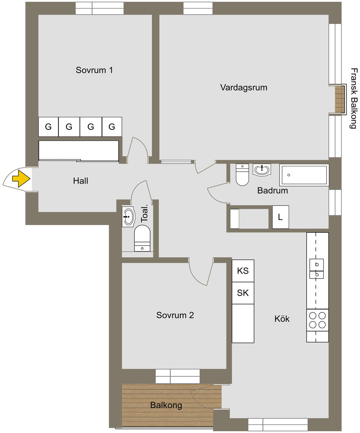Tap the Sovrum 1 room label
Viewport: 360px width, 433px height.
94,70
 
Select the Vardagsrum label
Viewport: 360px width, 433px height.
244,87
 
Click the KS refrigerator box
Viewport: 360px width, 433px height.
243,271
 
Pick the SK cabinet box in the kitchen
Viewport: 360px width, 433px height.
243,293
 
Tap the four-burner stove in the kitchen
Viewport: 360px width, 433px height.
317,320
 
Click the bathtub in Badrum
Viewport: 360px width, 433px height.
304,175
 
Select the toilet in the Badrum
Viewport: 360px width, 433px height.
242,174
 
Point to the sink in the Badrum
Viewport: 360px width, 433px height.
262,170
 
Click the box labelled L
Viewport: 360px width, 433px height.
280,217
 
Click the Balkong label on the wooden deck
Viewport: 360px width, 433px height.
166,405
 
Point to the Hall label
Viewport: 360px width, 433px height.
81,181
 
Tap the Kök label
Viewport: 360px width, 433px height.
282,319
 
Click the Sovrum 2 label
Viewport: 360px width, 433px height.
175,315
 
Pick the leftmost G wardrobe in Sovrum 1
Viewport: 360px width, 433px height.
49,127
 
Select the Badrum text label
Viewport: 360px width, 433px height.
272,191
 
